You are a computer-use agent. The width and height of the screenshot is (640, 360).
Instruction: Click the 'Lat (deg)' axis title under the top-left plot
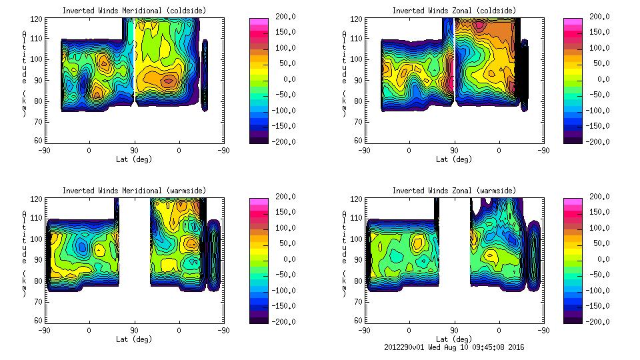tap(134, 159)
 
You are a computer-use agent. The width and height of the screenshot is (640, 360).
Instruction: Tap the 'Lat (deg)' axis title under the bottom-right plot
tap(454, 339)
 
